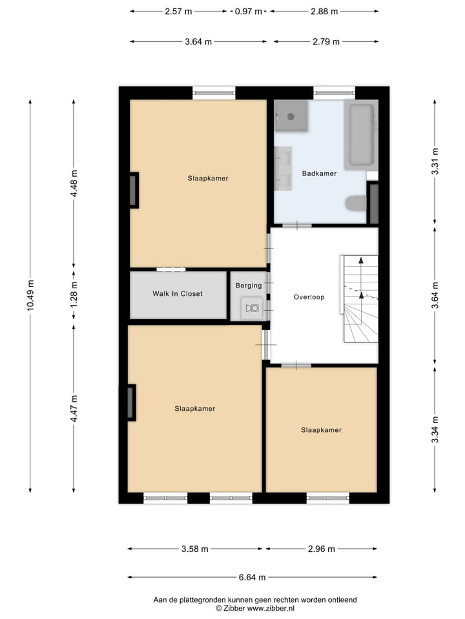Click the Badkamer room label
319,173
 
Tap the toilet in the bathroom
355,204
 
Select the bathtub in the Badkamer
359,135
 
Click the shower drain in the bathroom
291,117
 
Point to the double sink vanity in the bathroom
284,169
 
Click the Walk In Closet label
177,294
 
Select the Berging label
249,286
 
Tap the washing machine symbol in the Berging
251,308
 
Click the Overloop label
309,297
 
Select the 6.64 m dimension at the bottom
253,578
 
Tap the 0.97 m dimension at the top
249,11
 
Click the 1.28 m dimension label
74,293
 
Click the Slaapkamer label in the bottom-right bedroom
321,430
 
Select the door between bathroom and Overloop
297,226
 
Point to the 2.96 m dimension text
321,549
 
